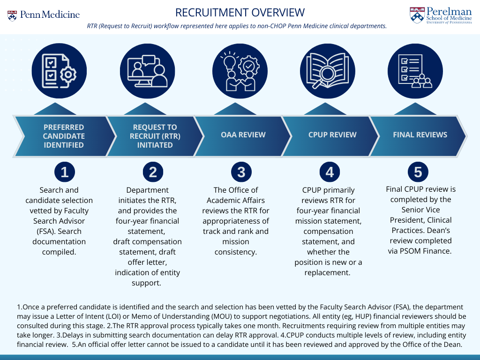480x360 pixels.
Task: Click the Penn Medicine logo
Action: [x=44, y=15]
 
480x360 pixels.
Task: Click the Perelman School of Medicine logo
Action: [x=441, y=15]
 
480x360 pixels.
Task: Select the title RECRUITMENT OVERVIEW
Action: [x=240, y=13]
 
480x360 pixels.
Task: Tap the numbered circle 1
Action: [x=64, y=172]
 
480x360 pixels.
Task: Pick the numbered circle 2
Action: [x=153, y=172]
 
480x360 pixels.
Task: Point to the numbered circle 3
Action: [x=241, y=172]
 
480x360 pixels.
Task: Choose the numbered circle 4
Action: [x=330, y=172]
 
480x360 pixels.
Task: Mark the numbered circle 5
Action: [x=418, y=172]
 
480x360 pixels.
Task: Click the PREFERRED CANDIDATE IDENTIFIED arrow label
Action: [x=64, y=136]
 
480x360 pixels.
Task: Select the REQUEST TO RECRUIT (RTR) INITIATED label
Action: [x=155, y=136]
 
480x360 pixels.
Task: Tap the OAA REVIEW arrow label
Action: [x=243, y=135]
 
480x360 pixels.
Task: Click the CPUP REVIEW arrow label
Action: [x=332, y=135]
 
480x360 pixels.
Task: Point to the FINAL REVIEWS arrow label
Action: [x=420, y=135]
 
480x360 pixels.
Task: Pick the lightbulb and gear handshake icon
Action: [x=241, y=70]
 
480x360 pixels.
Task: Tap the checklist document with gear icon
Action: [x=59, y=70]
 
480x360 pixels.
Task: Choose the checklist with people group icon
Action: [x=415, y=70]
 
